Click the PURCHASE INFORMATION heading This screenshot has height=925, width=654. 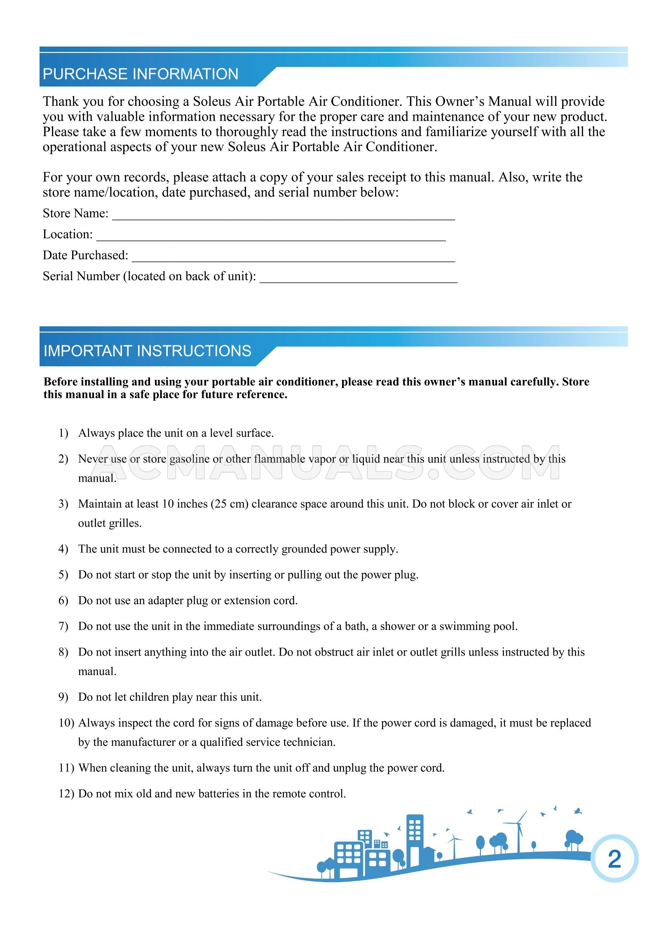[x=141, y=74]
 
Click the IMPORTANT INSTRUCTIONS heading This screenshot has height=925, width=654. [x=147, y=351]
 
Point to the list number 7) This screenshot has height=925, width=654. [x=63, y=626]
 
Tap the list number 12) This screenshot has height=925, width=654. [x=66, y=794]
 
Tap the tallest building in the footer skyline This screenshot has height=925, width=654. [x=414, y=838]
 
